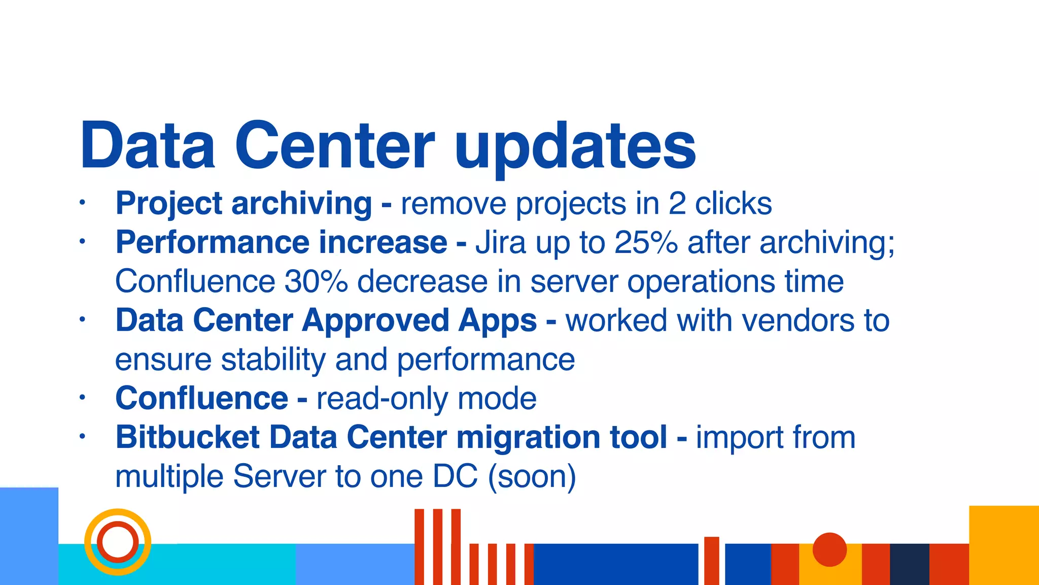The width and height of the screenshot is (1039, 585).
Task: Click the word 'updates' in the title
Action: [575, 147]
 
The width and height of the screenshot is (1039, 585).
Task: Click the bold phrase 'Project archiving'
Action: [244, 204]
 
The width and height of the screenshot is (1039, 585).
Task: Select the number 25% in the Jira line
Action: [646, 243]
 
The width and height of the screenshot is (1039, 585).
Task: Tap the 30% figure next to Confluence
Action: [316, 282]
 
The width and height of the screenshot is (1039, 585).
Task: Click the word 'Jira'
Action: [500, 243]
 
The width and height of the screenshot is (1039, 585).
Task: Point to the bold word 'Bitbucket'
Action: [187, 438]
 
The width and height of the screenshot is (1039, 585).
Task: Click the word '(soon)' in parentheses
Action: [532, 477]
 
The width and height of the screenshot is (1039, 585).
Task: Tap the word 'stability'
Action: [273, 360]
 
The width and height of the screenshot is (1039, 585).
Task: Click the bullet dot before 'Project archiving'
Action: [82, 203]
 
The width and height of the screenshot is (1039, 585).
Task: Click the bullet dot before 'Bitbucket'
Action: [82, 437]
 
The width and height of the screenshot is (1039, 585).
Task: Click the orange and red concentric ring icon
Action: [118, 542]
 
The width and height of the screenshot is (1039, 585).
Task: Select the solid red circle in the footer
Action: [829, 549]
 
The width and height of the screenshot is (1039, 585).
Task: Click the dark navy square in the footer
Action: [909, 564]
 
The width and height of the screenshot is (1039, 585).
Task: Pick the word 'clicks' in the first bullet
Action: [733, 204]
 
